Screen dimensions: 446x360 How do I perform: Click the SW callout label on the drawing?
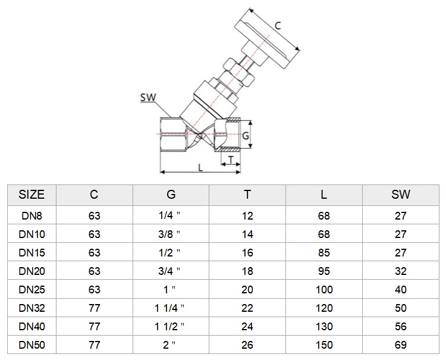point(148,98)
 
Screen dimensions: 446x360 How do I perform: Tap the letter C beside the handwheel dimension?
point(278,26)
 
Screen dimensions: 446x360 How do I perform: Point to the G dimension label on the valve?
point(245,136)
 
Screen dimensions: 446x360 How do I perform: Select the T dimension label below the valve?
point(231,160)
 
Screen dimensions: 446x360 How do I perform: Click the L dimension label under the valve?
point(200,167)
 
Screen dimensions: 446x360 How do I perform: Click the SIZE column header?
point(32,195)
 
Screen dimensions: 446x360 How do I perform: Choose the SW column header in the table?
point(400,195)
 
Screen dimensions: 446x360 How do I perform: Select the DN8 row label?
point(32,216)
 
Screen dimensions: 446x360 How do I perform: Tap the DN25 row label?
point(32,289)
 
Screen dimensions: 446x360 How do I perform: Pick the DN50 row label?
point(32,345)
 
